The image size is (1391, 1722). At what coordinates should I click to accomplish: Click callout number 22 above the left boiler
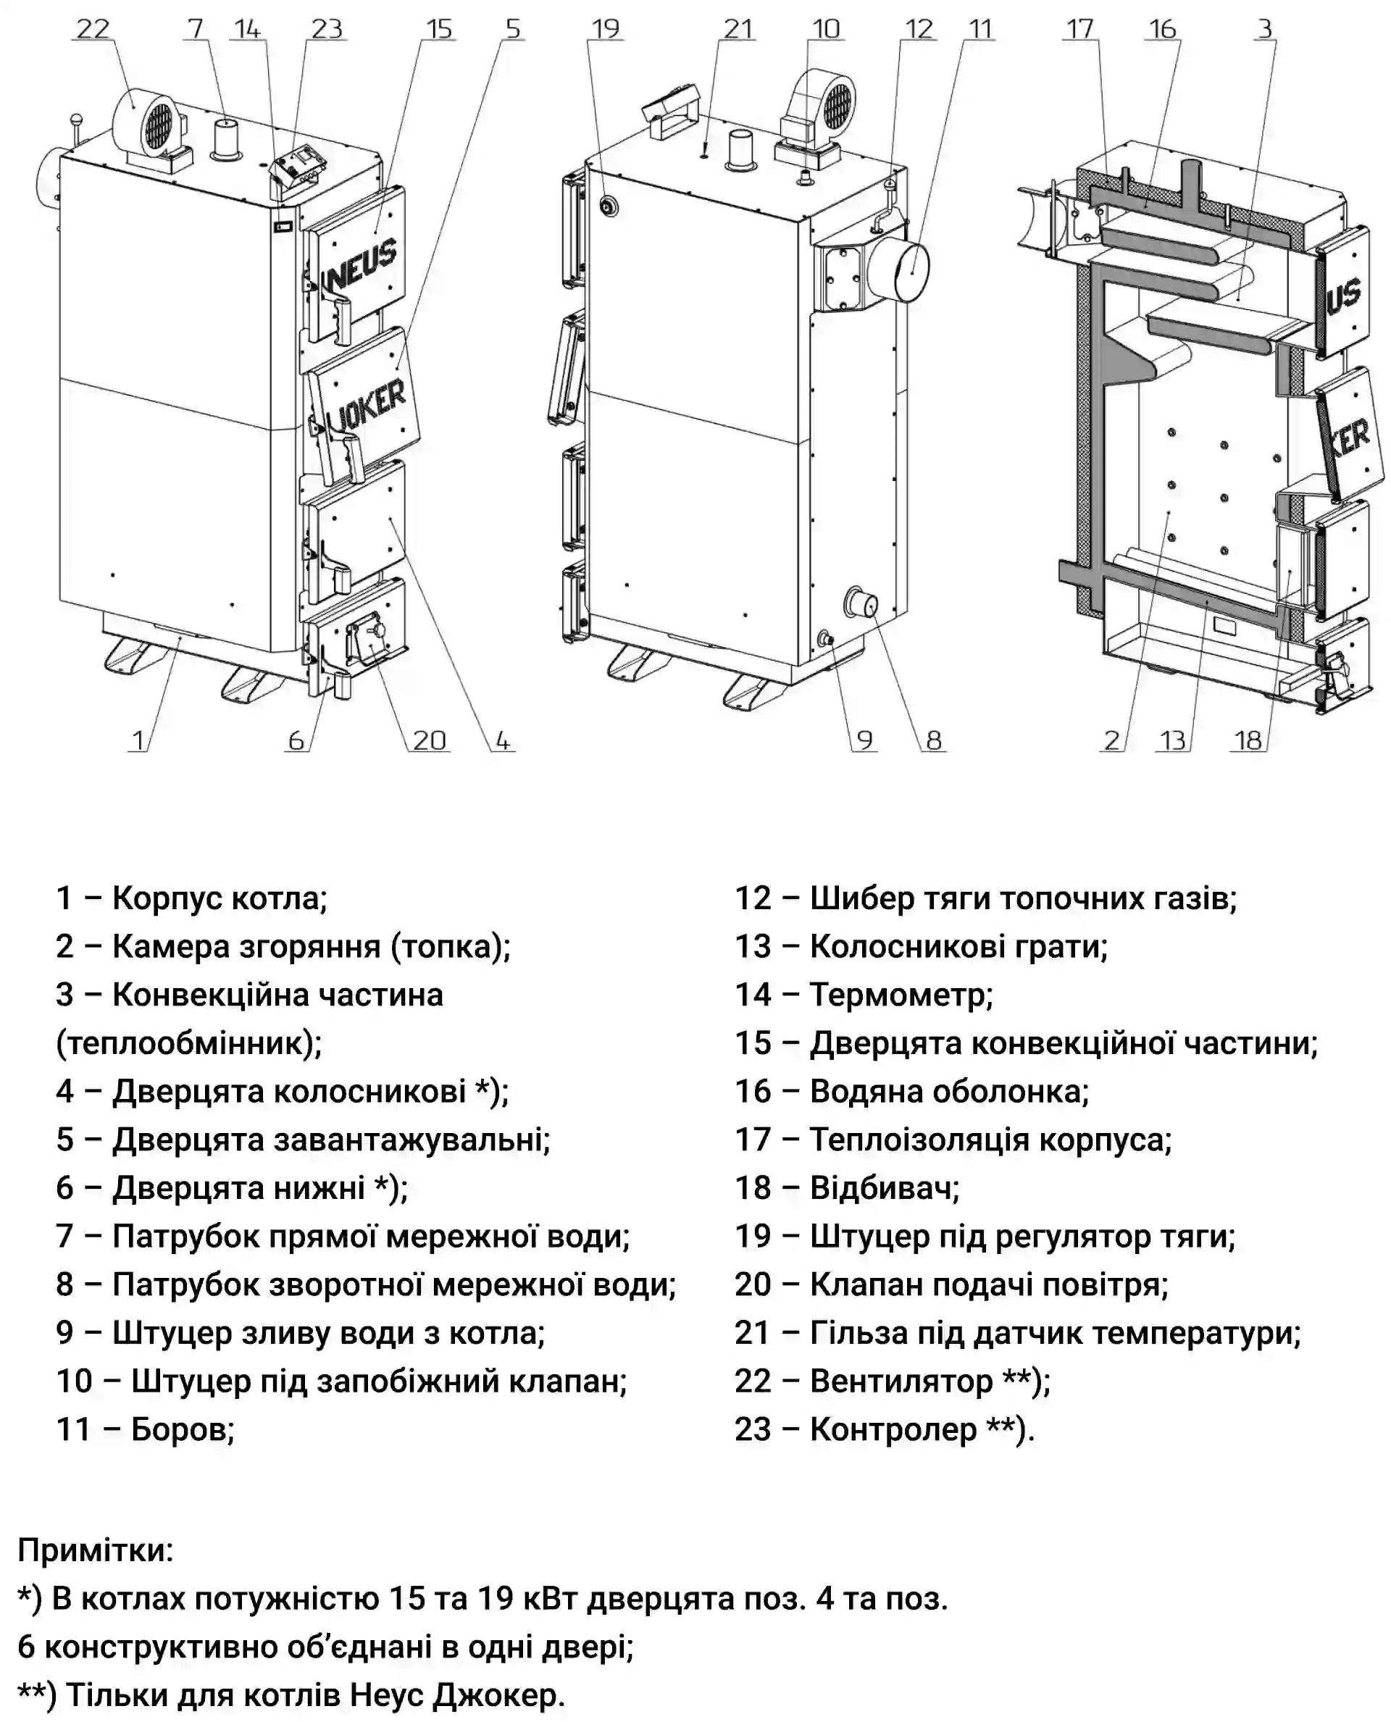[92, 30]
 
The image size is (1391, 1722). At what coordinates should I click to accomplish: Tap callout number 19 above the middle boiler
[606, 30]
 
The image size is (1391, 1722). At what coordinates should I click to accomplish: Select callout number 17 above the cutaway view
[1079, 30]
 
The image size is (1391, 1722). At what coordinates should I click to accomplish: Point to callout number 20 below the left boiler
[430, 740]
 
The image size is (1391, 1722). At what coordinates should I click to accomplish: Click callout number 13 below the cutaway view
[1173, 740]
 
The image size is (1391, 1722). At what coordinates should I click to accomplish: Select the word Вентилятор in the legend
[901, 1381]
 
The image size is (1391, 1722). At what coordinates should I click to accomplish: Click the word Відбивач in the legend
[884, 1187]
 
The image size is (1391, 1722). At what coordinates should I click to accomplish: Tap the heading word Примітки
[96, 1550]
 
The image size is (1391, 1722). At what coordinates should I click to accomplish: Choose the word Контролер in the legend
[893, 1429]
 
